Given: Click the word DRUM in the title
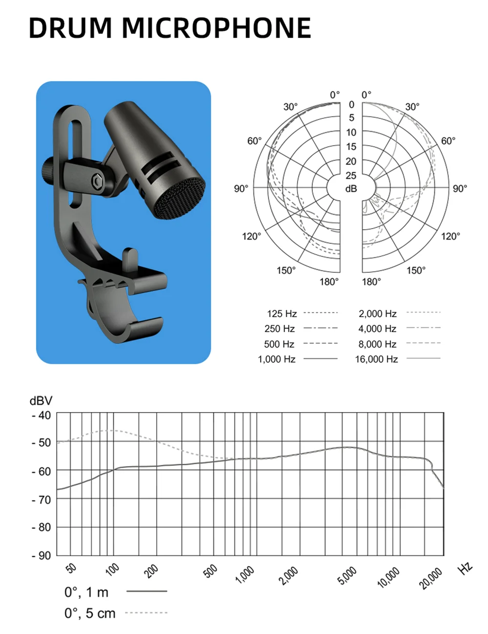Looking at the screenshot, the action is [x=70, y=28].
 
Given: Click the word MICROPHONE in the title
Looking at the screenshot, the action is [x=217, y=28].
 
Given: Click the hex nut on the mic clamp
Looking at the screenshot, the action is [x=97, y=181].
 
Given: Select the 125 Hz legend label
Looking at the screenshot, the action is [x=282, y=314].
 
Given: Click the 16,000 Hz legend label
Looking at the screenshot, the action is [x=376, y=359].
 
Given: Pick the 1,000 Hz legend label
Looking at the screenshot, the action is [x=276, y=359].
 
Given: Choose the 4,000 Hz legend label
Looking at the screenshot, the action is [x=377, y=329].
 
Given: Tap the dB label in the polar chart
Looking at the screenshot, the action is [x=351, y=189].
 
